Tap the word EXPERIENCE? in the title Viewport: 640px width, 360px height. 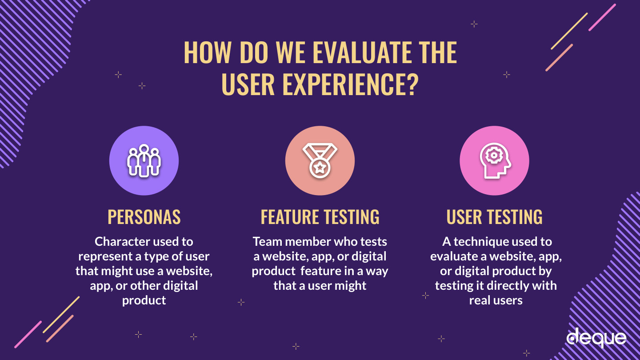(x=351, y=84)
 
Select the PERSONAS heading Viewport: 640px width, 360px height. (x=144, y=217)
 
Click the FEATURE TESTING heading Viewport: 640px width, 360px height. (x=320, y=217)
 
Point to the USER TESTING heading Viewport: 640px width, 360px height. (x=494, y=217)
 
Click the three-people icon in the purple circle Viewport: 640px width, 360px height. (x=144, y=160)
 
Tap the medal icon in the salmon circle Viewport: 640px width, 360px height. (x=320, y=160)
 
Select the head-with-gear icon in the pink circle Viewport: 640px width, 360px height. (x=495, y=160)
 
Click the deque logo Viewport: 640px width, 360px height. (x=596, y=338)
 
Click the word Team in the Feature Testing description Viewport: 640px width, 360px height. (x=268, y=242)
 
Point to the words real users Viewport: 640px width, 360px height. (x=496, y=300)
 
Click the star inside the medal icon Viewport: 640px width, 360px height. (x=320, y=168)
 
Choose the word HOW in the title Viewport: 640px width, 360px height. (x=207, y=52)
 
